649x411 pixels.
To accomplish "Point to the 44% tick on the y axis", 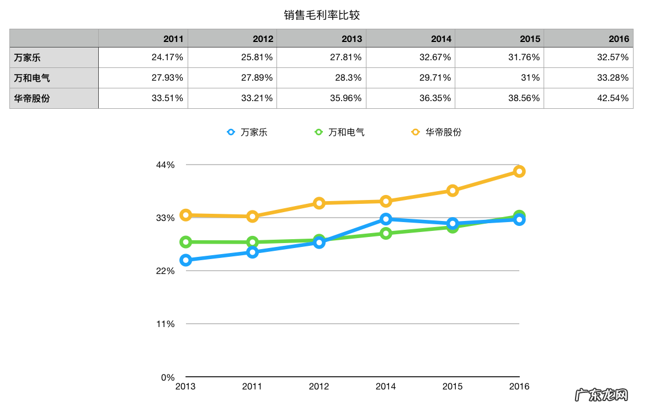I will [166, 165].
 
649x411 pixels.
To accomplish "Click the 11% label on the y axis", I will [166, 324].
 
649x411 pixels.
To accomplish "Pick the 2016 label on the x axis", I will [519, 387].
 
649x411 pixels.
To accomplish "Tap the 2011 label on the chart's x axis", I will [252, 387].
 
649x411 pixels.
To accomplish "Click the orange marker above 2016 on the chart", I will [519, 171].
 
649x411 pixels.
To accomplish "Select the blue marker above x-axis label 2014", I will [386, 219].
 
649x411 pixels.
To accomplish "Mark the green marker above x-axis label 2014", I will [386, 233].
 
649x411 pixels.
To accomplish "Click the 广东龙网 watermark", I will [603, 396].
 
